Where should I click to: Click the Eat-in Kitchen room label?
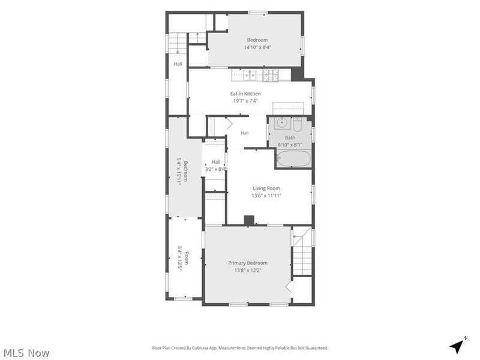coord(245,94)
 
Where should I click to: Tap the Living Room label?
coord(266,188)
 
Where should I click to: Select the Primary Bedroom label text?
coord(248,263)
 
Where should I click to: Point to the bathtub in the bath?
coord(294,158)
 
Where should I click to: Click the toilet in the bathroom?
coord(298,125)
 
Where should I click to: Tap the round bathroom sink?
coord(282,123)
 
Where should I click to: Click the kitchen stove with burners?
coord(271,76)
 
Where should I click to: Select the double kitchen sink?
coord(250,75)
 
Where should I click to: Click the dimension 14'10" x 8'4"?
coord(257,47)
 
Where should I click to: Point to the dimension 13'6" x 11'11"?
coord(266,196)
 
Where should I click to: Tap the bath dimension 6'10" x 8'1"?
coord(290,145)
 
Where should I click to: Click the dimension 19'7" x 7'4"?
coord(245,101)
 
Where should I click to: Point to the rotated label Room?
coord(187,258)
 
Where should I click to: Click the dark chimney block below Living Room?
coord(249,221)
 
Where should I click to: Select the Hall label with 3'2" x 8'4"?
coord(216,166)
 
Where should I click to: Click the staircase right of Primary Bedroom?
coord(302,251)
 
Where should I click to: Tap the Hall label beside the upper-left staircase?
coord(178,64)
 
